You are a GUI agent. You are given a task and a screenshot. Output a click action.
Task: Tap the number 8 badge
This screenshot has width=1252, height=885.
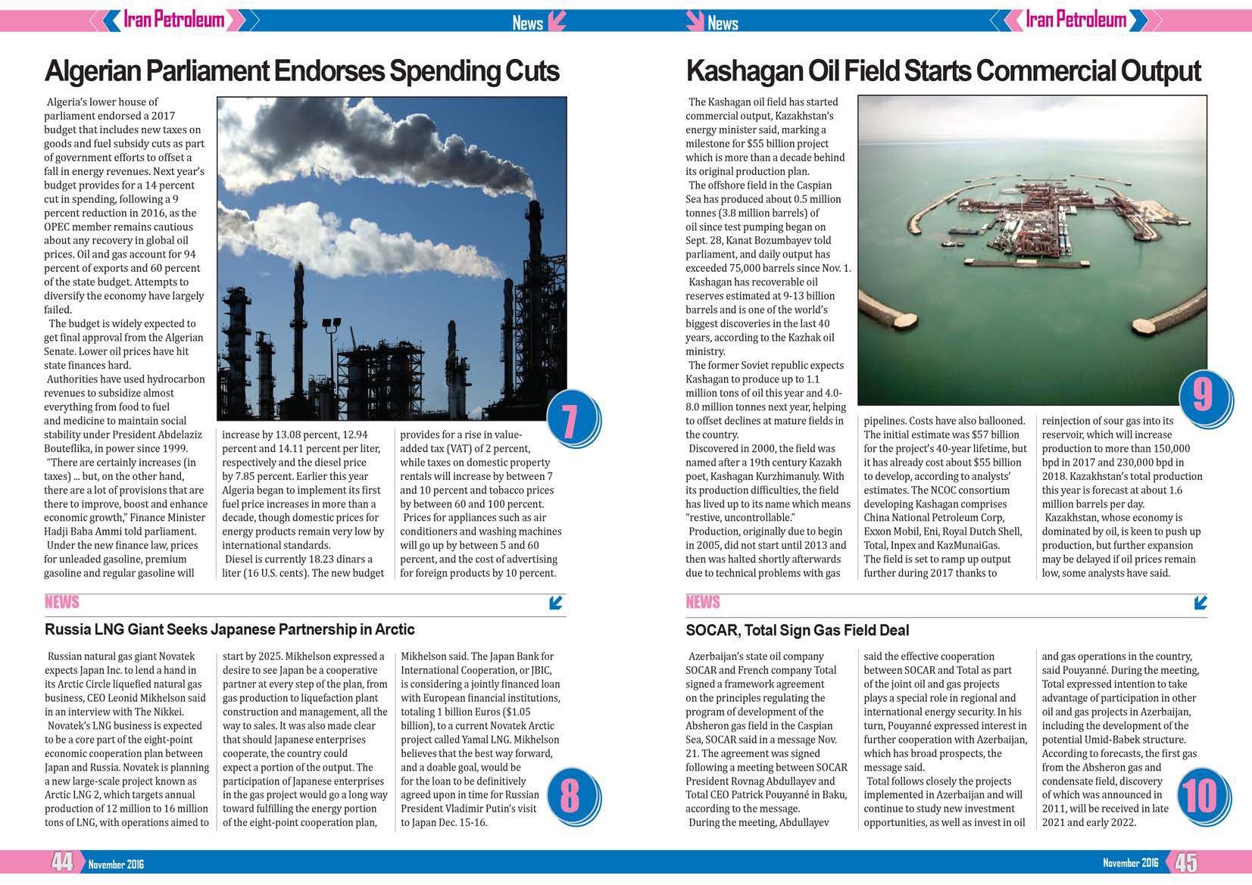pos(570,796)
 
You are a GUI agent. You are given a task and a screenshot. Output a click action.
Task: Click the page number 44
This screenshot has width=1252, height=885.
pos(62,862)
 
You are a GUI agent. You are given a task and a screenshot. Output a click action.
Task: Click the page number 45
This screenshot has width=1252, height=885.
pos(1187,862)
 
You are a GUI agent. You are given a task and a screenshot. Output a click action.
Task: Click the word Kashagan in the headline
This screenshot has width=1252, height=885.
pos(743,71)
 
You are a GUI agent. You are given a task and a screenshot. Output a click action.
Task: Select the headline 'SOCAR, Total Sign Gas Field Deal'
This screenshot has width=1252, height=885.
pos(797,630)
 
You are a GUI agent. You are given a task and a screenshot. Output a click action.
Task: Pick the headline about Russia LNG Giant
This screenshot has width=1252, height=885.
pos(229,629)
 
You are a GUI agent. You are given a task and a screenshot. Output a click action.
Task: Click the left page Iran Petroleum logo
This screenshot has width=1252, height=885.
pos(173,19)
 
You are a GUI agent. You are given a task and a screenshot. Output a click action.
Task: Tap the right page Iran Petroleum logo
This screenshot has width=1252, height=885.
pos(1076,19)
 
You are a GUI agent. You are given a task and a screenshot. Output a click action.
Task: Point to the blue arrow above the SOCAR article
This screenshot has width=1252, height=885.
pos(1200,603)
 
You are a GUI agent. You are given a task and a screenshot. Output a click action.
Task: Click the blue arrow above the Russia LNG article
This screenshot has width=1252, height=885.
pos(557,603)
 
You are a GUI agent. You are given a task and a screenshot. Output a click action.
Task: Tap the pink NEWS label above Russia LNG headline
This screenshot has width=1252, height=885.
pos(61,602)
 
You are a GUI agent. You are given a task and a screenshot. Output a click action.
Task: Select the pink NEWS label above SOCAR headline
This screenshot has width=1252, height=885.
pos(702,602)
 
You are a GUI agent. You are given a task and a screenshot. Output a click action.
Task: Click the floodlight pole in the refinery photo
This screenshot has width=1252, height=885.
pos(331,356)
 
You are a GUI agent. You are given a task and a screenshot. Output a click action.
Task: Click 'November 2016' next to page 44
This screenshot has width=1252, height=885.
pos(116,864)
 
